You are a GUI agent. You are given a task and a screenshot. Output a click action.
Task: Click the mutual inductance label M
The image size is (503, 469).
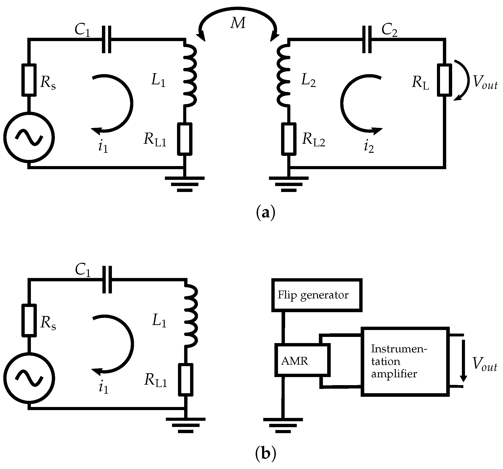238,23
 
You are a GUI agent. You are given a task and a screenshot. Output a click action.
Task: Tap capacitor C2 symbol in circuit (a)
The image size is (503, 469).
367,39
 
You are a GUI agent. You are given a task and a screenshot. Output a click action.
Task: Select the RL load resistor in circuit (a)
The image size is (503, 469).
445,80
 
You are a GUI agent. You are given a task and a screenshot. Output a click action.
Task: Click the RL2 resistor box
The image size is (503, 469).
289,139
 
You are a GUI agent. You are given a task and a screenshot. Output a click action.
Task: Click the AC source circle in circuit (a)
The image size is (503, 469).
29,138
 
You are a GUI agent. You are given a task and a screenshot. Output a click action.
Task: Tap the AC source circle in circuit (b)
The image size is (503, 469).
29,378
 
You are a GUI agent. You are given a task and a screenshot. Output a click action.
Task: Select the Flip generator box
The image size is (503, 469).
317,295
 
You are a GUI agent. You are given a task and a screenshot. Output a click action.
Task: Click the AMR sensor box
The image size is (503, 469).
302,360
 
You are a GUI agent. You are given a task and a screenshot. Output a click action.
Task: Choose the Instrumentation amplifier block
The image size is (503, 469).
405,361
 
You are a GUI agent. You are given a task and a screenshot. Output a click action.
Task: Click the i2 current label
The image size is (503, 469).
369,147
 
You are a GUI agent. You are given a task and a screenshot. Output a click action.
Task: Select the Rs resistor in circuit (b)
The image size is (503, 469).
29,320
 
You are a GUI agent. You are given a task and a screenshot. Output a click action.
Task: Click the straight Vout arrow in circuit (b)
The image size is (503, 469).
463,361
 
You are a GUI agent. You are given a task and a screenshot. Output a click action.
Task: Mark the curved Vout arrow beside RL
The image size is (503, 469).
464,80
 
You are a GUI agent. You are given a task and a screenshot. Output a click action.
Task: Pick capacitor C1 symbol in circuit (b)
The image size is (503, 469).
107,280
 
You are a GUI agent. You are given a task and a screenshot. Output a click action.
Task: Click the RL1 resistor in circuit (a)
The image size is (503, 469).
185,139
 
